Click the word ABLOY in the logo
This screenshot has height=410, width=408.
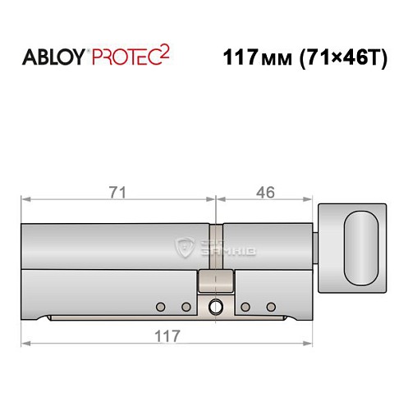51,59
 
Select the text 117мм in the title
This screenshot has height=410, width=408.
254,59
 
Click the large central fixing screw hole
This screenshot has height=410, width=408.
215,307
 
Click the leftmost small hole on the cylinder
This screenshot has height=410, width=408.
161,307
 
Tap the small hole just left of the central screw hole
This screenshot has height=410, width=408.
186,307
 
